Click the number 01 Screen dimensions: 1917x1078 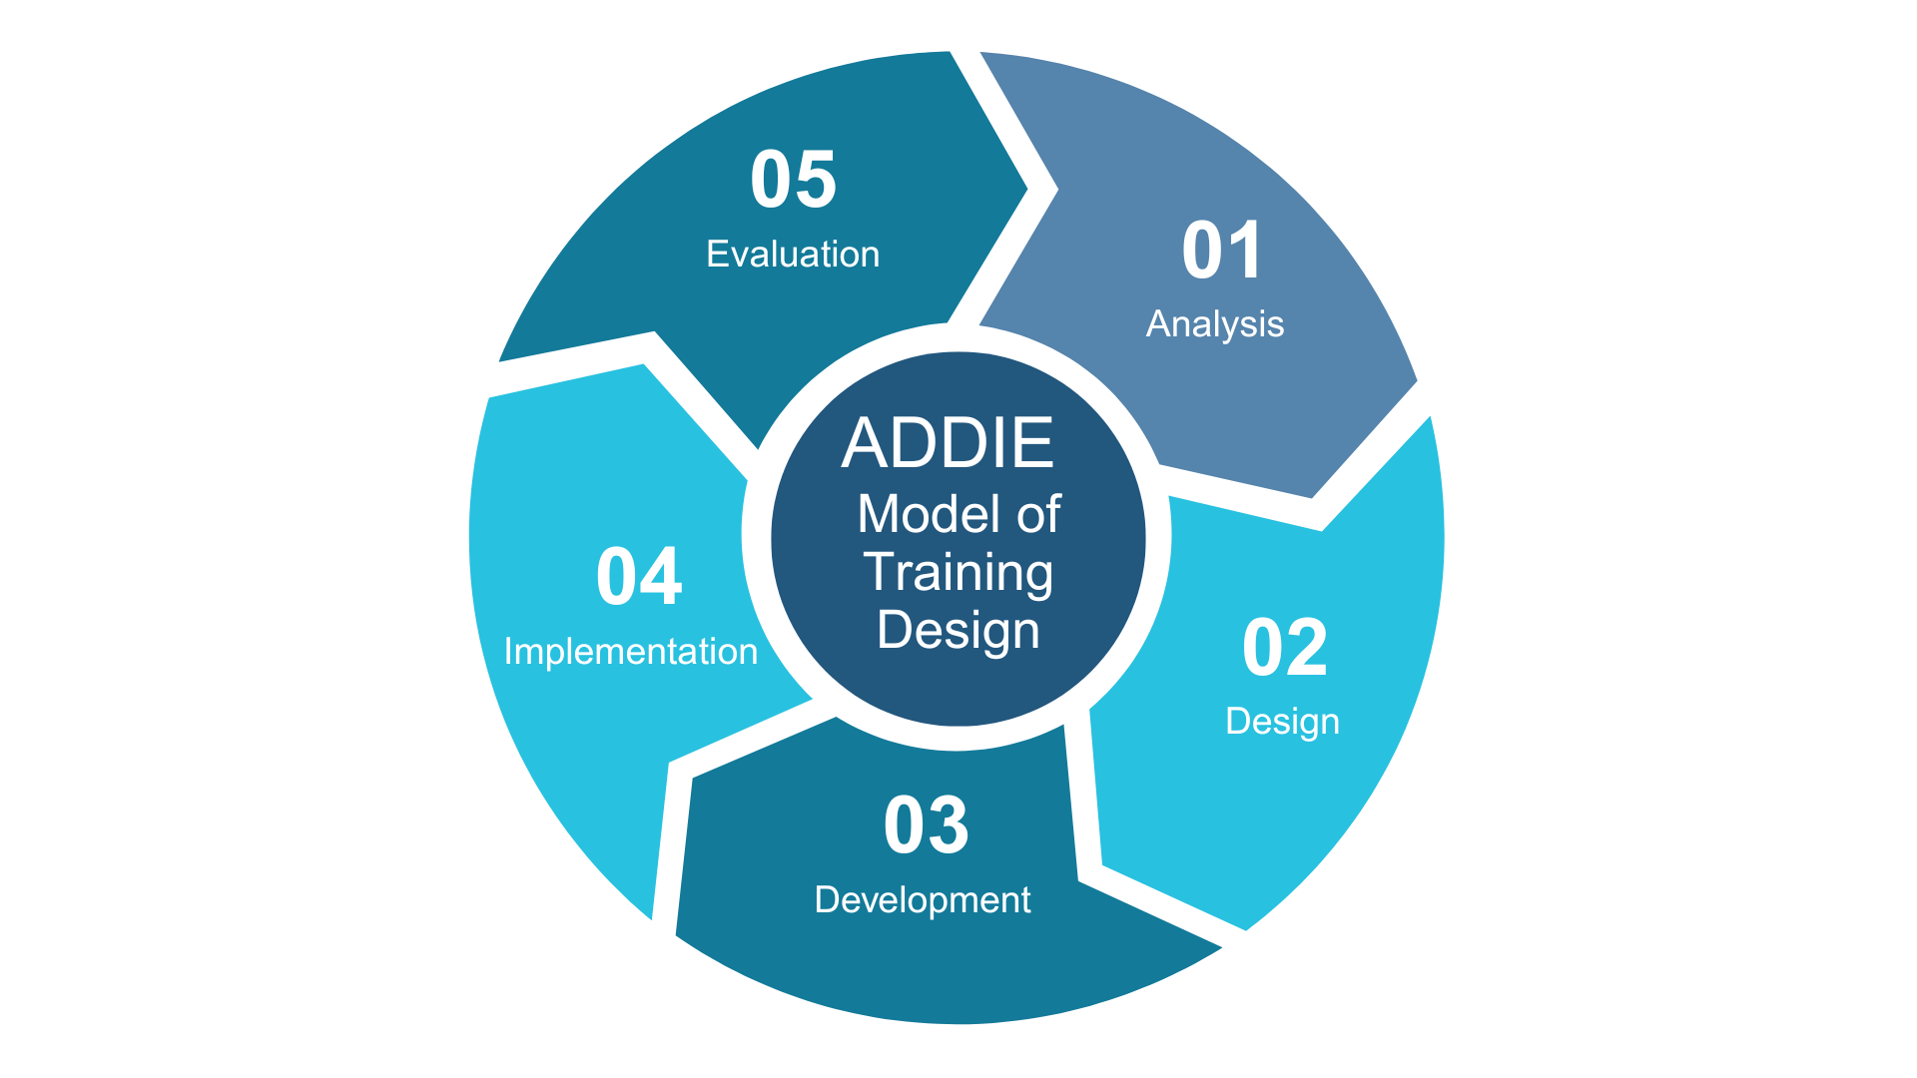pyautogui.click(x=1222, y=250)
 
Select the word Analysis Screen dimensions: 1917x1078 pyautogui.click(x=1215, y=324)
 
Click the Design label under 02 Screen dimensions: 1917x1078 pyautogui.click(x=1283, y=722)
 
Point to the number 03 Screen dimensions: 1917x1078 pyautogui.click(x=927, y=825)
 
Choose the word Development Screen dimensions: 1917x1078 pyautogui.click(x=923, y=900)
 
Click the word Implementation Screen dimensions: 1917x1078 pyautogui.click(x=631, y=652)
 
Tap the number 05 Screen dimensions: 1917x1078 pyautogui.click(x=794, y=180)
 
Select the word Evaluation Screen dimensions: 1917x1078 pyautogui.click(x=793, y=255)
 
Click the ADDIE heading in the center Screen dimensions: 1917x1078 pyautogui.click(x=948, y=442)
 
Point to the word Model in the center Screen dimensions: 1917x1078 pyautogui.click(x=929, y=514)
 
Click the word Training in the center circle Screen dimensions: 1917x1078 pyautogui.click(x=958, y=573)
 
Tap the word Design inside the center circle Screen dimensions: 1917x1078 pyautogui.click(x=958, y=631)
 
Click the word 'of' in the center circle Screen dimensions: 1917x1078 pyautogui.click(x=1038, y=514)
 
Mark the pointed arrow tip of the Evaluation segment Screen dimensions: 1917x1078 pyautogui.click(x=1027, y=188)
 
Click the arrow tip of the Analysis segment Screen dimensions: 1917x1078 pyautogui.click(x=1312, y=497)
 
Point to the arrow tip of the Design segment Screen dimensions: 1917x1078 pyautogui.click(x=1101, y=865)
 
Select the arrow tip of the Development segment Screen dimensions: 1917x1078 pyautogui.click(x=693, y=778)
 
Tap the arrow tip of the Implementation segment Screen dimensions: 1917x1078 pyautogui.click(x=645, y=364)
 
